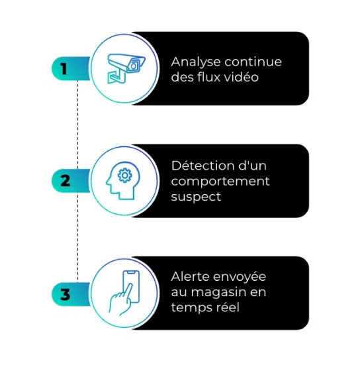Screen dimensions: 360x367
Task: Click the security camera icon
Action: [126, 68]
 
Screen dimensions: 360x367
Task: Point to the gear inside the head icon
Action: [124, 176]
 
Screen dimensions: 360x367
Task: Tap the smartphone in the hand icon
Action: [131, 286]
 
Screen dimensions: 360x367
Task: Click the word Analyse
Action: [196, 63]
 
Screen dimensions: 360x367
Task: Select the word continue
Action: [253, 62]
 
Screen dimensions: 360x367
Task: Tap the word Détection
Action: [202, 166]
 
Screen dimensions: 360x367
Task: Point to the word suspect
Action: [196, 197]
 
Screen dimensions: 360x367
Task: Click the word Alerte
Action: [191, 276]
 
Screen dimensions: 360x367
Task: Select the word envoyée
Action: [240, 278]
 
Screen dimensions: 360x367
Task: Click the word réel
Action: [227, 307]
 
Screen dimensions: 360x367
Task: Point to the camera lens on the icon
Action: [133, 66]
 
